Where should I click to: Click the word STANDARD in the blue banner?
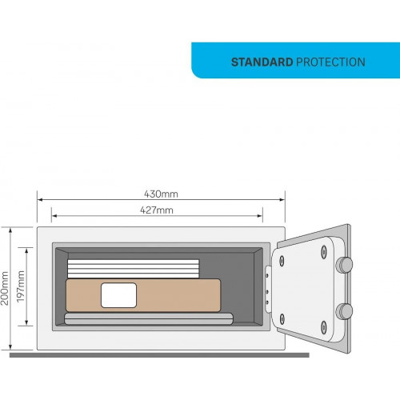click(x=262, y=62)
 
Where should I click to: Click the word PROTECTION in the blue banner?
click(x=330, y=62)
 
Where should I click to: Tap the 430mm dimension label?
click(x=161, y=194)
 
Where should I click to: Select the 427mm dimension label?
click(x=157, y=210)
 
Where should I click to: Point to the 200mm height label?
click(x=5, y=288)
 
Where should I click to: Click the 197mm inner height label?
click(x=21, y=286)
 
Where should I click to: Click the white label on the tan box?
click(x=118, y=295)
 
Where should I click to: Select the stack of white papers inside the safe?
click(x=134, y=269)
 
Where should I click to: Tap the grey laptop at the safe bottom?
click(x=149, y=319)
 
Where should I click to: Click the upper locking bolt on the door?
click(x=344, y=264)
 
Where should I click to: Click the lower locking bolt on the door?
click(x=344, y=311)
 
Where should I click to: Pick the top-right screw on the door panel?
click(x=324, y=252)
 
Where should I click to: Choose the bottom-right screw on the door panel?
click(x=324, y=327)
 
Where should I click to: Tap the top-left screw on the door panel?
click(x=282, y=261)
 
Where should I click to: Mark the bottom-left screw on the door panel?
click(x=282, y=319)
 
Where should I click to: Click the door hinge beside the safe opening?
click(x=268, y=289)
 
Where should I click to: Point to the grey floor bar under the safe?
click(x=159, y=355)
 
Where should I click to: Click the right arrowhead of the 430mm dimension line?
click(x=282, y=199)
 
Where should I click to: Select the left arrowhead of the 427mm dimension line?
click(x=54, y=216)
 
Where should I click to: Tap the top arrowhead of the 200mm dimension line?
click(x=10, y=230)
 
